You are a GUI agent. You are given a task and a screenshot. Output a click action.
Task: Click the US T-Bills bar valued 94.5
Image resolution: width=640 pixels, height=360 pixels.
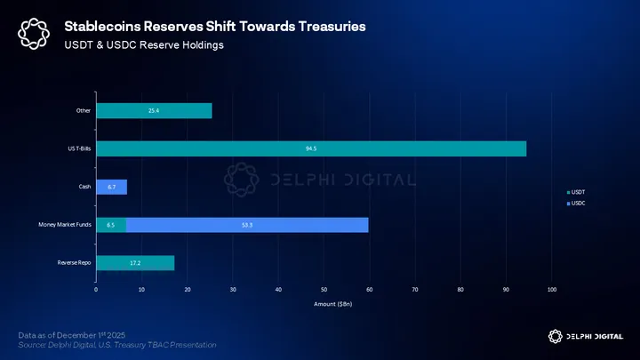[311, 148]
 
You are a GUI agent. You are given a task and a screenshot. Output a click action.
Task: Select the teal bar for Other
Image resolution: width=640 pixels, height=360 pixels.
[154, 111]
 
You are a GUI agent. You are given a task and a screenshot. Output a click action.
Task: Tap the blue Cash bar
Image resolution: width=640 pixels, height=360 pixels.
[111, 187]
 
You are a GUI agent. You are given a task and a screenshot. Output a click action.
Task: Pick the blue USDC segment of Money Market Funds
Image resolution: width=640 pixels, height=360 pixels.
[247, 225]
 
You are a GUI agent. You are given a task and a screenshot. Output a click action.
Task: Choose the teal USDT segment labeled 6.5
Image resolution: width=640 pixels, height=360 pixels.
[110, 225]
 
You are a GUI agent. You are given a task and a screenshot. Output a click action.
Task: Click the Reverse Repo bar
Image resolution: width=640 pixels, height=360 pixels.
[135, 263]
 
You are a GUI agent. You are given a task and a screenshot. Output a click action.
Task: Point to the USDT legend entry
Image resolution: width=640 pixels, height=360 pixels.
[578, 192]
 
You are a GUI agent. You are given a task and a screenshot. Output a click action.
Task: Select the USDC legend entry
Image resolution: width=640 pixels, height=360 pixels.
[578, 204]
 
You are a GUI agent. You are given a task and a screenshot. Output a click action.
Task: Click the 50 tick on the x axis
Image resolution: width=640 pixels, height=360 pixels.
[324, 290]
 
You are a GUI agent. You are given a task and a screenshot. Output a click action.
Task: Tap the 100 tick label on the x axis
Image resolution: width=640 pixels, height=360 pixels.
[552, 290]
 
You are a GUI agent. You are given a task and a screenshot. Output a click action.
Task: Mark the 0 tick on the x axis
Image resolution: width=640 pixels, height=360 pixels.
[96, 290]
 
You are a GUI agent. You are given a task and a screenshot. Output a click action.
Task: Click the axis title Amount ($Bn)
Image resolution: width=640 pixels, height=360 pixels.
[324, 305]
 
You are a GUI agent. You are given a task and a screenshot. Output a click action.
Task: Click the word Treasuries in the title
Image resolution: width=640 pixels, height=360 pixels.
[321, 27]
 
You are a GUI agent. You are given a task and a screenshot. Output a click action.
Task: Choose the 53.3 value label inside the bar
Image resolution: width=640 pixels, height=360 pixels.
[247, 225]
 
